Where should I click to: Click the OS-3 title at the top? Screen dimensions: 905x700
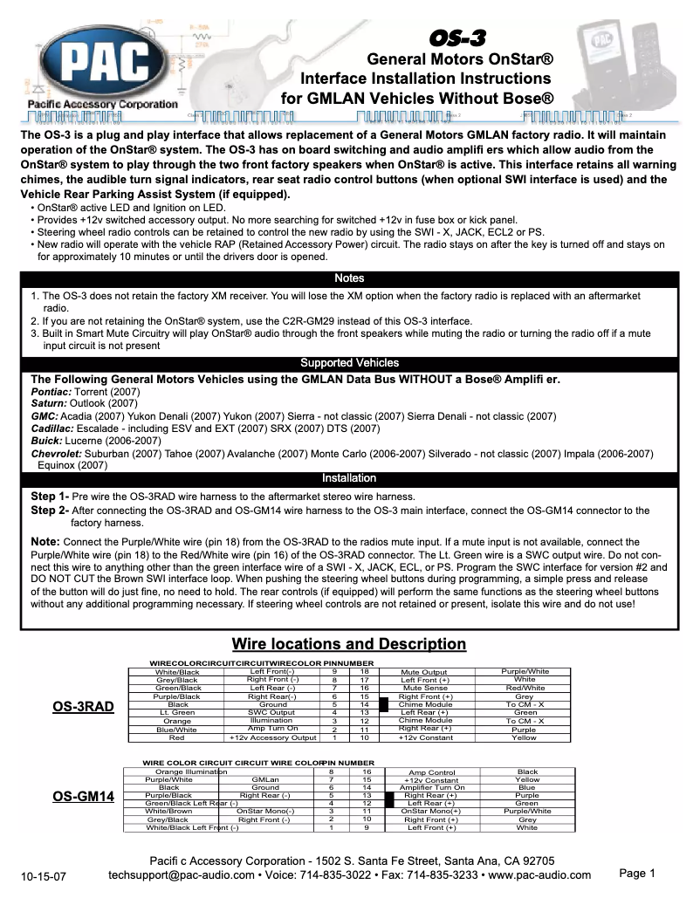[x=457, y=38]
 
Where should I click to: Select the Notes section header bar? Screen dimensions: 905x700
[x=349, y=278]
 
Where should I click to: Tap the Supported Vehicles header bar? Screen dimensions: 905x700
[x=349, y=362]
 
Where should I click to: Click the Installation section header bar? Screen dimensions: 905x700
[x=349, y=478]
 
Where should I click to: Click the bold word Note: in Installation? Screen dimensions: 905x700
[x=45, y=542]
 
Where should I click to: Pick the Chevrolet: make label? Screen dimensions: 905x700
[x=57, y=454]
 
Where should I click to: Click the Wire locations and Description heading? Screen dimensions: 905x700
[x=349, y=644]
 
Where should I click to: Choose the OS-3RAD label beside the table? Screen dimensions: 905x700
[x=84, y=706]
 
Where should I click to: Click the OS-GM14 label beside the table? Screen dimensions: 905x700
[x=84, y=796]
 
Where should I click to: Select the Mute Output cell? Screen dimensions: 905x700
[x=423, y=672]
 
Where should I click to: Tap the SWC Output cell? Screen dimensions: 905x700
[x=271, y=713]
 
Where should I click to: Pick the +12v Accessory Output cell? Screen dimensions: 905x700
[x=271, y=737]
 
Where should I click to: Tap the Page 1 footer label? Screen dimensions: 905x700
[x=636, y=874]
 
